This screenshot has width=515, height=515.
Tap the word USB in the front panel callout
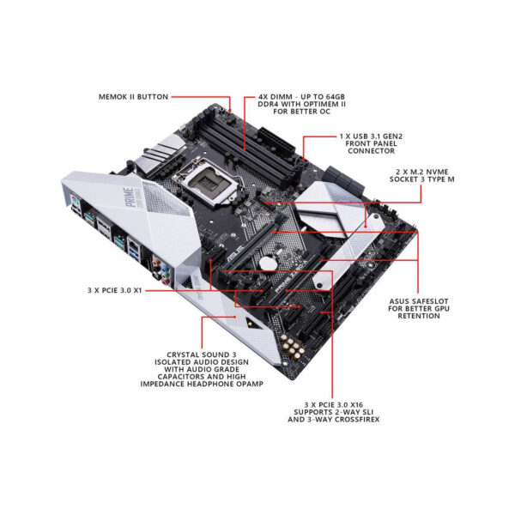[x=361, y=136]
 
